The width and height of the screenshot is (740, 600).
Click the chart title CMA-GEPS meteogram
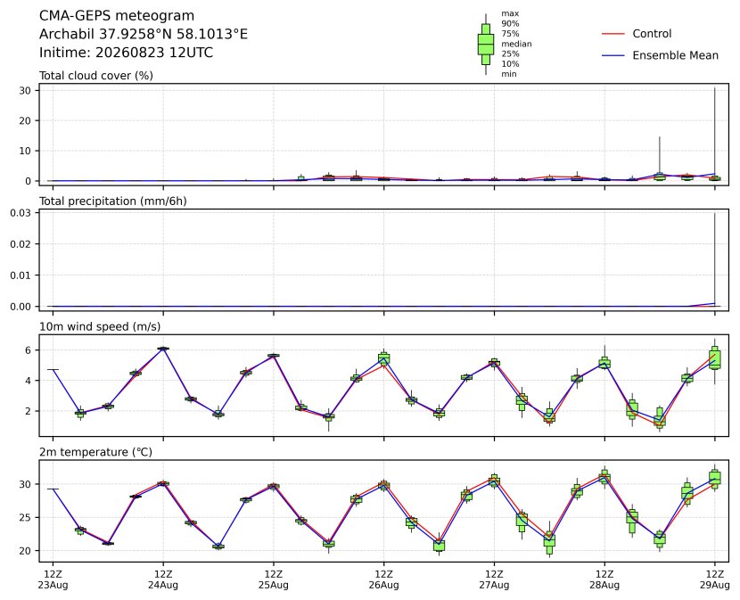[117, 15]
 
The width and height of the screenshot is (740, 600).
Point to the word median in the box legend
[516, 44]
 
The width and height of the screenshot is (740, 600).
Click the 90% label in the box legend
[510, 23]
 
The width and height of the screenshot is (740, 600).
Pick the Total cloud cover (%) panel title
[96, 76]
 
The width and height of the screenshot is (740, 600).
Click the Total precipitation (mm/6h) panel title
[113, 201]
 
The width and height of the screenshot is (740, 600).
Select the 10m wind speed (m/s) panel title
[100, 326]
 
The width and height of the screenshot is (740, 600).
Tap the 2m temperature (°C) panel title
[95, 452]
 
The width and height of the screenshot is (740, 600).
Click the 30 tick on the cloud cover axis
[25, 90]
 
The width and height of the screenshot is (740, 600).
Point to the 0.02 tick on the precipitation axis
[21, 244]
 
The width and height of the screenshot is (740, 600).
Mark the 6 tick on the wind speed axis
[29, 349]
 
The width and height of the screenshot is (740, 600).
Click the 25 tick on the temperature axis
[25, 517]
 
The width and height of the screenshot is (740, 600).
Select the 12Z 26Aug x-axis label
[383, 579]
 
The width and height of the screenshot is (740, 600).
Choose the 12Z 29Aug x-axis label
[714, 579]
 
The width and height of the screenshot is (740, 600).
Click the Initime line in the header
[126, 53]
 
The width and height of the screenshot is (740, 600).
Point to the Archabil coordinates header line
[144, 34]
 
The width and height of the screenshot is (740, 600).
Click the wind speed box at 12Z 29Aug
[714, 359]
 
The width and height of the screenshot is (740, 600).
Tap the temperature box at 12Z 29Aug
[714, 479]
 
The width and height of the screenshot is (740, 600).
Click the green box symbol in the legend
[486, 44]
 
